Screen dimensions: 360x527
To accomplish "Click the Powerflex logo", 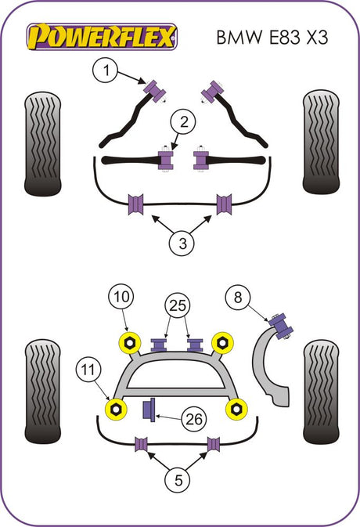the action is pos(102,36).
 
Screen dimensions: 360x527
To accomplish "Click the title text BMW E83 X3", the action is pos(272,37).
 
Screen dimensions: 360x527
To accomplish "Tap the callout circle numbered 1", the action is pos(105,70).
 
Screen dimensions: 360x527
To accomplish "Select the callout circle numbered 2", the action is pos(183,121).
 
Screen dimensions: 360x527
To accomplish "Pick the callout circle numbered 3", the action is pos(182,244).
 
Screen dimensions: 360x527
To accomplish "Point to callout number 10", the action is pos(121,297).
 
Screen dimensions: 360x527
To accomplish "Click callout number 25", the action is pos(178,305).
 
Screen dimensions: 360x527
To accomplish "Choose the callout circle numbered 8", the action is pos(238,298).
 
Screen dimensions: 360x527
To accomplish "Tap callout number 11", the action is pos(88,370).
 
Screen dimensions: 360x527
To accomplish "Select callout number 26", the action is pos(194,420).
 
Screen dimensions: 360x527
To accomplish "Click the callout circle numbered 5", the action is pos(178,480).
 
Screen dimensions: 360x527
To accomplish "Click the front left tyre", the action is pos(42,144).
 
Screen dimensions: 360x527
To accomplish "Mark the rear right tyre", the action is pos(321,392).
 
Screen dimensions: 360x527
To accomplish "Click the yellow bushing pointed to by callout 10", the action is pos(129,342).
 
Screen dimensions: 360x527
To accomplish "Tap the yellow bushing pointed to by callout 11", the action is pos(116,409).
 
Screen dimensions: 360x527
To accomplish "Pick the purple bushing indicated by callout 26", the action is pos(149,410).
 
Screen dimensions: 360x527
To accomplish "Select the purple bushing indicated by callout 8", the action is pos(281,326).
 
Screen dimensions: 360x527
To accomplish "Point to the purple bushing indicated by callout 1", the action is pos(155,91).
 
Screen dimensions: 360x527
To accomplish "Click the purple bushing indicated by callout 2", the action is pos(166,161).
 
